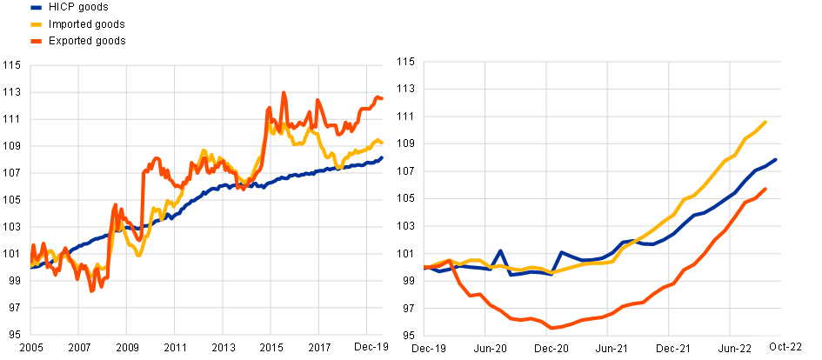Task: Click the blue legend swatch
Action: (x=36, y=8)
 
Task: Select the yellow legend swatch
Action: (x=36, y=24)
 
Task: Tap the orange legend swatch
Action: (x=36, y=41)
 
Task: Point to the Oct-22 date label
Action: (x=785, y=347)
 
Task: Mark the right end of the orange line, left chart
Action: (x=382, y=99)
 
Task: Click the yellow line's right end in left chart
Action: (x=382, y=143)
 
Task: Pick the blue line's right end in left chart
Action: (x=382, y=157)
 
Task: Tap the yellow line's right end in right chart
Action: (x=765, y=122)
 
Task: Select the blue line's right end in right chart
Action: (x=775, y=160)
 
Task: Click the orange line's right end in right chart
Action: (x=765, y=189)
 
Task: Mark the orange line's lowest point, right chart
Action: (x=552, y=328)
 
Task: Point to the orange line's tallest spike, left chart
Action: (x=284, y=92)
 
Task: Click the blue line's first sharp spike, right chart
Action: (x=500, y=251)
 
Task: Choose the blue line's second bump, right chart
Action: (x=561, y=252)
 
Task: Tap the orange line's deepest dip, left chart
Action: (x=91, y=290)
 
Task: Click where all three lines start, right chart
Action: (x=424, y=267)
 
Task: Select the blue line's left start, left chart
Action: (x=31, y=268)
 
